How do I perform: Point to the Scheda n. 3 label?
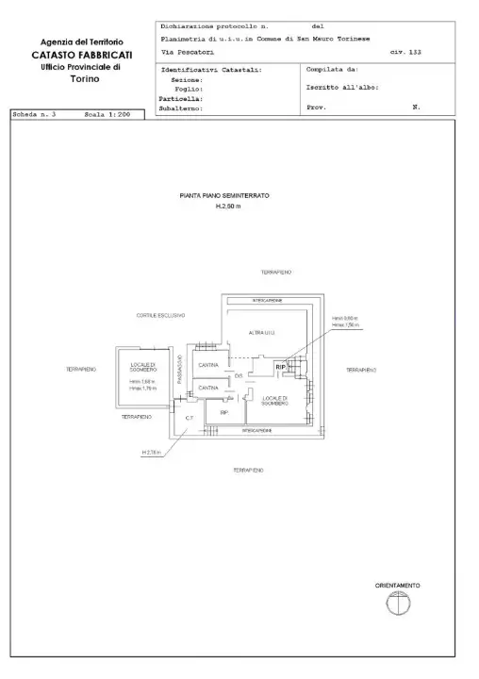35,113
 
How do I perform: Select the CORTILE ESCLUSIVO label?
160,315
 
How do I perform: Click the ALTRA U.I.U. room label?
262,333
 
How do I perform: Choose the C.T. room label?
189,418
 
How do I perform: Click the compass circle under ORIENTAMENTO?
397,604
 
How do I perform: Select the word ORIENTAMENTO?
397,586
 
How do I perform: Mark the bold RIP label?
280,367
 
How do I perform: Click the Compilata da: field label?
332,70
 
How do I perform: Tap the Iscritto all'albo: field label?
342,88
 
